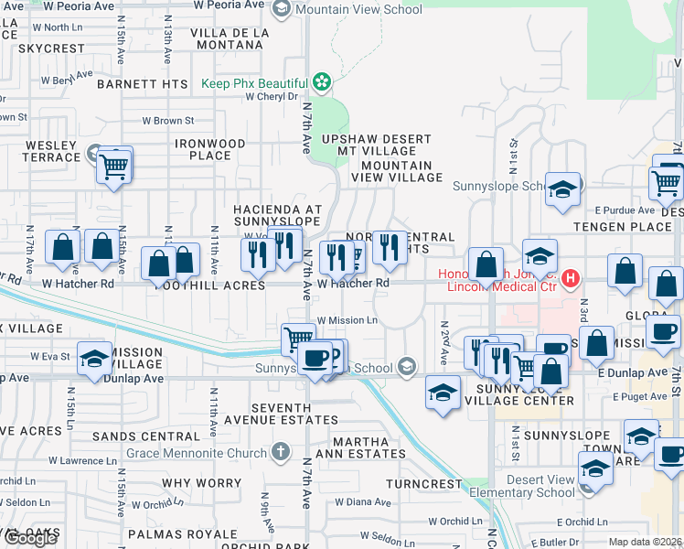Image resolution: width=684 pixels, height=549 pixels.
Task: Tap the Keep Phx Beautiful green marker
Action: (x=321, y=83)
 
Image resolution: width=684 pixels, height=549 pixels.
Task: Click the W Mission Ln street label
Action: (x=347, y=320)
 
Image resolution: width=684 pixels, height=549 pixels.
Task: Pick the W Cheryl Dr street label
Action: (x=267, y=96)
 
